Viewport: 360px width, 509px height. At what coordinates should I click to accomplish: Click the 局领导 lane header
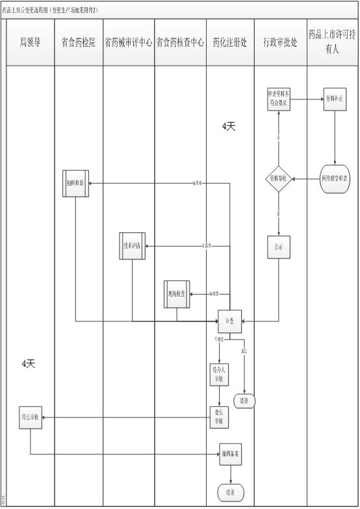[30, 42]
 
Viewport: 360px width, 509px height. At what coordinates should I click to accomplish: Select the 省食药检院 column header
[78, 42]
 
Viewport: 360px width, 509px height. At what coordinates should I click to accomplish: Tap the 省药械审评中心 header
[129, 42]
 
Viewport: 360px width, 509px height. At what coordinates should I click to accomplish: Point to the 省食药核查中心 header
[180, 42]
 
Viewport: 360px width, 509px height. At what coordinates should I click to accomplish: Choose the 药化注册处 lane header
[230, 42]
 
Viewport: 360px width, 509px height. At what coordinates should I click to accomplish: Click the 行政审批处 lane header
[280, 42]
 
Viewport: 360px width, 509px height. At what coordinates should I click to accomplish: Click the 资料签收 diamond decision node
[279, 179]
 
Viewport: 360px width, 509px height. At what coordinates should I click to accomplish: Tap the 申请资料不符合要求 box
[279, 100]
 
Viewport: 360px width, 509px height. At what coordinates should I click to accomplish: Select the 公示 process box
[279, 247]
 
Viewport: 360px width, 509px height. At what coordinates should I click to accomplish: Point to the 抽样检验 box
[75, 183]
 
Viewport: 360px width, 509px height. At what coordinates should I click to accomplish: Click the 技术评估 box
[133, 245]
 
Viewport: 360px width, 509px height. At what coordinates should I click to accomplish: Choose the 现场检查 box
[175, 293]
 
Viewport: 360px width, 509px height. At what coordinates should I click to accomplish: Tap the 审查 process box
[229, 321]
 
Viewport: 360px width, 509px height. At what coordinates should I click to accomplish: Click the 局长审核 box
[30, 417]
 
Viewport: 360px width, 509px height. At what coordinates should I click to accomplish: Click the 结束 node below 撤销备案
[229, 492]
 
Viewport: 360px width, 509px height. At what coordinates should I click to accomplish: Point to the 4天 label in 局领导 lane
[28, 364]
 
